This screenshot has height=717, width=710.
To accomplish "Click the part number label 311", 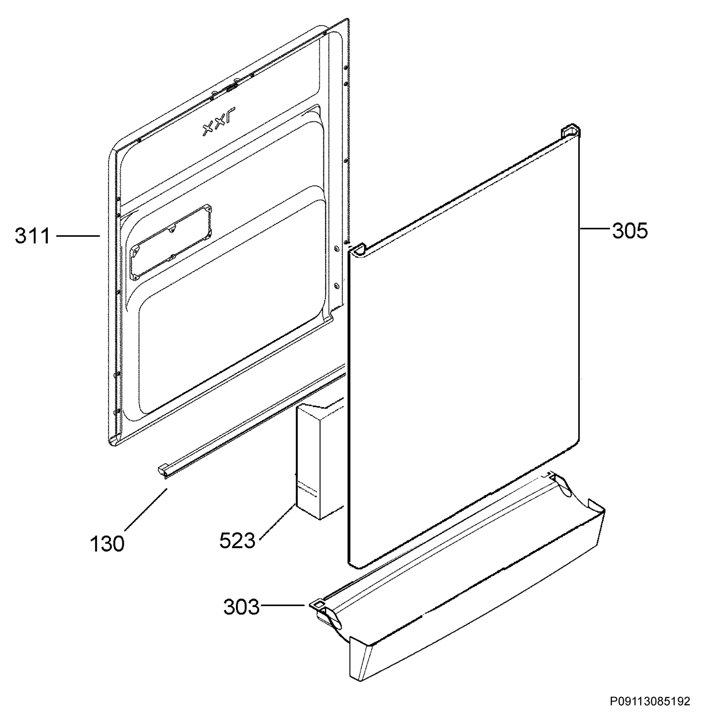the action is coord(32,236).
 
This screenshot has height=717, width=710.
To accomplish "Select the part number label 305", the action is coord(630,231).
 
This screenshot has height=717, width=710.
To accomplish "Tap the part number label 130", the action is coord(107,544).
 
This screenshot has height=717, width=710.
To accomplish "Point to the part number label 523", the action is coord(237,540).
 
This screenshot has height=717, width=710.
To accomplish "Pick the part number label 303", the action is coord(241,608).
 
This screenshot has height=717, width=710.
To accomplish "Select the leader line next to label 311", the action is coord(78,235).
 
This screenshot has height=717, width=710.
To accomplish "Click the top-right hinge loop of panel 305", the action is coord(570,132).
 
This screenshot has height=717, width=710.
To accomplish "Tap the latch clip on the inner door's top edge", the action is coord(231,88).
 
